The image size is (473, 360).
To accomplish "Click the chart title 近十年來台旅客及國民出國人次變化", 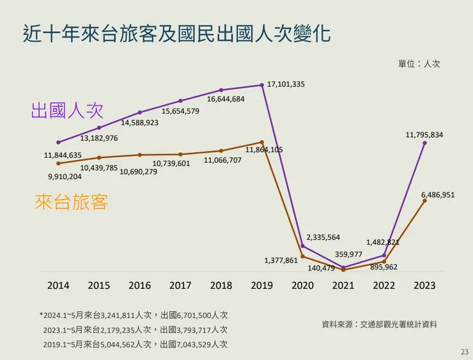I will tap(176, 33).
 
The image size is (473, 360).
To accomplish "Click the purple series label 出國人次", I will tap(66, 110).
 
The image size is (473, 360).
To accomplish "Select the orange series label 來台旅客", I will tap(72, 203).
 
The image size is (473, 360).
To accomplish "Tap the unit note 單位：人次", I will tap(419, 64).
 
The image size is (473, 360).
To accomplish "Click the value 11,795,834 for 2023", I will tap(424, 135).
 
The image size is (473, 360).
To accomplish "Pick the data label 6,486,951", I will tap(438, 194).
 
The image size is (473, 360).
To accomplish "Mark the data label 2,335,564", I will tap(323, 237).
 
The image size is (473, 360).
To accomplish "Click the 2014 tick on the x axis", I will tap(58, 285).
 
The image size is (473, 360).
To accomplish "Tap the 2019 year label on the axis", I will tap(262, 285).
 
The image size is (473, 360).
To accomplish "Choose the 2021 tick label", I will tap(343, 285).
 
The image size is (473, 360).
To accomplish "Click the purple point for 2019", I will tap(262, 85).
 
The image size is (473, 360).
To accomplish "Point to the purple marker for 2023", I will tap(424, 143).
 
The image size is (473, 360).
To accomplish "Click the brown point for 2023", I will tap(424, 201).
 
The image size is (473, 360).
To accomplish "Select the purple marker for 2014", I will tap(58, 143).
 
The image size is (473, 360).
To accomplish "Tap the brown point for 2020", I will tap(303, 256).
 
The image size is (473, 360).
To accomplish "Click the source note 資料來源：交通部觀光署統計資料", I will tap(379, 325).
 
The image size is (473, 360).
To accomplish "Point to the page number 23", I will tap(464, 352).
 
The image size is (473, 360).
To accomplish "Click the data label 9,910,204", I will tap(65, 176).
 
